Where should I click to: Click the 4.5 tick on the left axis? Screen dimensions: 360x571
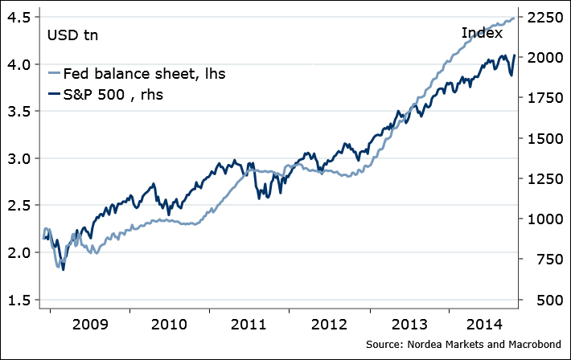coord(19,17)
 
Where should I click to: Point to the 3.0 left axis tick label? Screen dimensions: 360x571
coord(19,158)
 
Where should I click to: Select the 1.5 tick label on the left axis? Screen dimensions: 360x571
coord(19,300)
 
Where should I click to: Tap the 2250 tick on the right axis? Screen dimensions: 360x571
coord(545,17)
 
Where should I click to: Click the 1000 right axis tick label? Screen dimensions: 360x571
coord(545,219)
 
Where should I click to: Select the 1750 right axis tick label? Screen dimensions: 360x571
coord(545,98)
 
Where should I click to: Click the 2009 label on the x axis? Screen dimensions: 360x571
coord(88,326)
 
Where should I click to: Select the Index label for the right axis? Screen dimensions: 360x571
coord(482,33)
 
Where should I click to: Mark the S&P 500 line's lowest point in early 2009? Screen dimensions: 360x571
coord(63,270)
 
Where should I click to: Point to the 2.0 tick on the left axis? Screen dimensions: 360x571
coord(19,252)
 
